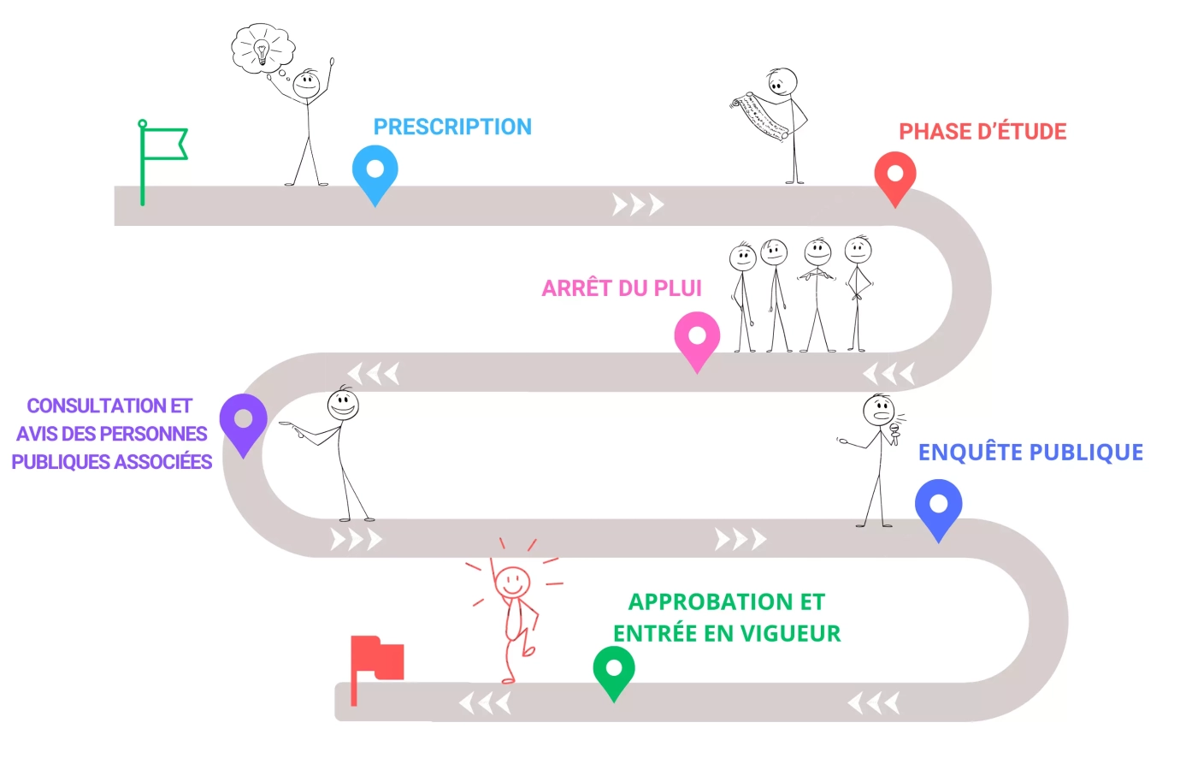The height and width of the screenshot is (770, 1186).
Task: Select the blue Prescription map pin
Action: tap(375, 171)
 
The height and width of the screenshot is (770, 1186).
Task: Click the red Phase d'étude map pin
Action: tap(894, 176)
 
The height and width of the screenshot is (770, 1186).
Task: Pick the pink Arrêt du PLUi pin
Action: tap(697, 339)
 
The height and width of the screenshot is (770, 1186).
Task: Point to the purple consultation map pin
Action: tap(244, 422)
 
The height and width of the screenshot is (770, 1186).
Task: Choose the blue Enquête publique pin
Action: tap(938, 507)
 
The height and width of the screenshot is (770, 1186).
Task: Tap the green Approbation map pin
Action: tap(613, 670)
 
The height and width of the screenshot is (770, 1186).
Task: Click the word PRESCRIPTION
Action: tap(452, 127)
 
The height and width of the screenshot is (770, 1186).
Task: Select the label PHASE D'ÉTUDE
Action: tap(982, 132)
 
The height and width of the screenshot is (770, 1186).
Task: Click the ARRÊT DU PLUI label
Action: tap(622, 288)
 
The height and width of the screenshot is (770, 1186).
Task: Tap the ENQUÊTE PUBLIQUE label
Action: tap(1030, 453)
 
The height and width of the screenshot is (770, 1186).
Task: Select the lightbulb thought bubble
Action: tap(263, 49)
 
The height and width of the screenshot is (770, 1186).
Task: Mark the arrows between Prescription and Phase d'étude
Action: tap(638, 205)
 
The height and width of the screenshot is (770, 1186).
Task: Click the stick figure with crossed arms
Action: tap(817, 291)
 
